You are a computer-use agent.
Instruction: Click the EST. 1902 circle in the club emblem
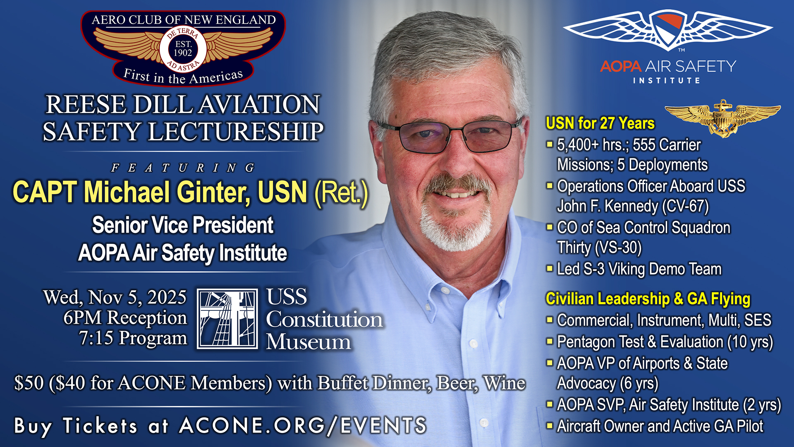point(183,49)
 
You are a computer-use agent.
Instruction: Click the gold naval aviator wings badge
point(722,118)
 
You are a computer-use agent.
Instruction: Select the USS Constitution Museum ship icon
point(227,319)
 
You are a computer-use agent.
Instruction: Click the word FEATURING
point(183,168)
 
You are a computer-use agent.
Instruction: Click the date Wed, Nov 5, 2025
point(115,297)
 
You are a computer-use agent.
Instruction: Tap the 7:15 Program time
point(133,338)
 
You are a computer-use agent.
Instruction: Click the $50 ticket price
point(29,383)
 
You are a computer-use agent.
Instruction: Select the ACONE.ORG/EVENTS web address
point(303,425)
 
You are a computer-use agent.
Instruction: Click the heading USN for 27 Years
point(600,123)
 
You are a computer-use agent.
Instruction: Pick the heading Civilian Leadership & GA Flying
point(648,299)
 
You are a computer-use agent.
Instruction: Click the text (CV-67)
point(686,206)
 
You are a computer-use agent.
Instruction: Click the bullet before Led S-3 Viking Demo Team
point(550,269)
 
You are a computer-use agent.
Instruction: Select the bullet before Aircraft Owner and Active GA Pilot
point(550,425)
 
